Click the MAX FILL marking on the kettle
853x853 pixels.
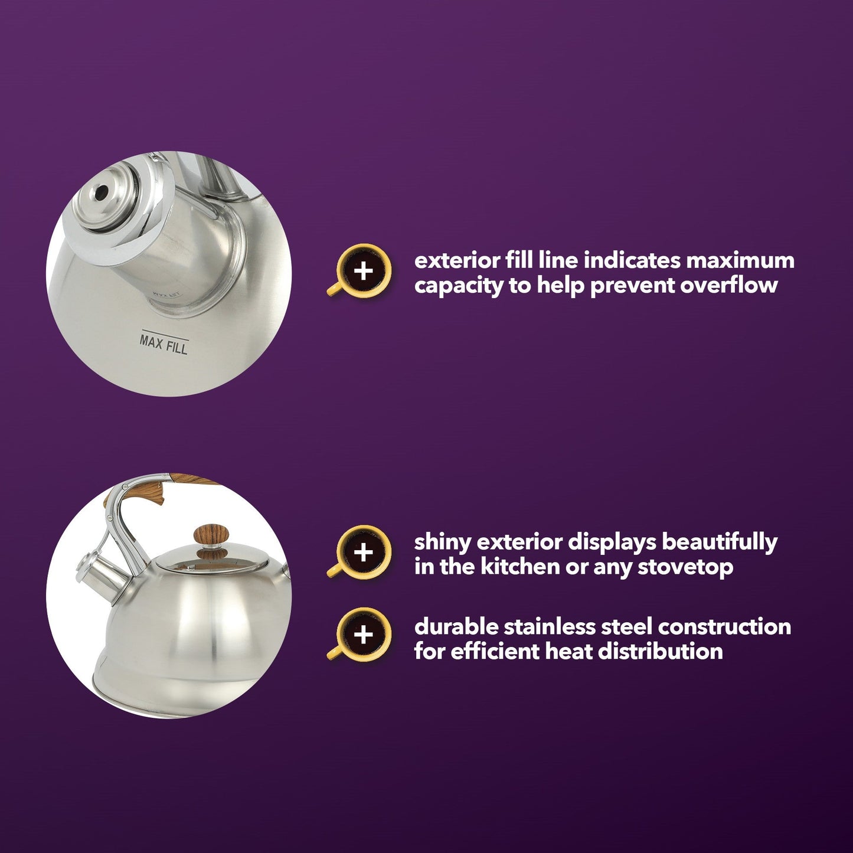coord(164,344)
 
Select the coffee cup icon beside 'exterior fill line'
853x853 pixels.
coord(359,270)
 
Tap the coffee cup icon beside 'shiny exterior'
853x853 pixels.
coord(359,552)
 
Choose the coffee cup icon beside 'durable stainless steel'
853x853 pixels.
coord(359,635)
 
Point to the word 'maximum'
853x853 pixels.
coord(741,261)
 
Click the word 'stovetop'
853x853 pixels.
coord(685,568)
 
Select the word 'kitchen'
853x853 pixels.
coord(519,567)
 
